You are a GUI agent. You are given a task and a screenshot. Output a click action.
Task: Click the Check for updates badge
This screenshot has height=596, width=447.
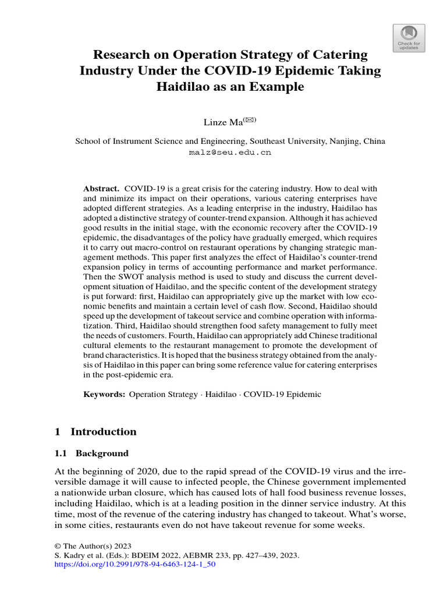(409, 38)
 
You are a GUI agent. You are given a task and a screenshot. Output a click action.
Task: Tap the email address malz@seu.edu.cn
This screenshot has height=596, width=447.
(230, 153)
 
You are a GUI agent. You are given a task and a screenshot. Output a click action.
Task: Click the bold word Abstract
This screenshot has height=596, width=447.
(101, 189)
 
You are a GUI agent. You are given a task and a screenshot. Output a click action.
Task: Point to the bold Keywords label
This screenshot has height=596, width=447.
(104, 394)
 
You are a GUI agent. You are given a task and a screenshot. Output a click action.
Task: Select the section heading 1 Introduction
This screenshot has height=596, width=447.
(95, 432)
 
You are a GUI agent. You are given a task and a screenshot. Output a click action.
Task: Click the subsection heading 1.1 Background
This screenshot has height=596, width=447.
(91, 453)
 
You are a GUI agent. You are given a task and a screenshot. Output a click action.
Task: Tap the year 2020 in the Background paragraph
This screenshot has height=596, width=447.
(143, 471)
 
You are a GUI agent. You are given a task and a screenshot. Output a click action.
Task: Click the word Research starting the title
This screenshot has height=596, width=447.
(121, 55)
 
